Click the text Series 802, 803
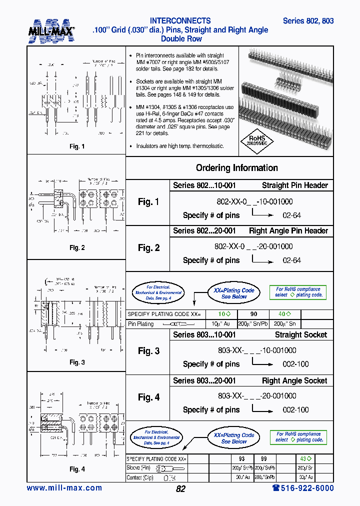click(308, 21)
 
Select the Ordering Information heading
click(236, 168)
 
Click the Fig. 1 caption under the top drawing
click(76, 147)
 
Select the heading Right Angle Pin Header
click(288, 231)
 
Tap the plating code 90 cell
click(253, 314)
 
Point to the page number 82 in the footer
click(180, 489)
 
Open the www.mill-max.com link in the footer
click(64, 488)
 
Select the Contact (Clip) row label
click(141, 477)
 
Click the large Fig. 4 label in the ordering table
click(148, 397)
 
